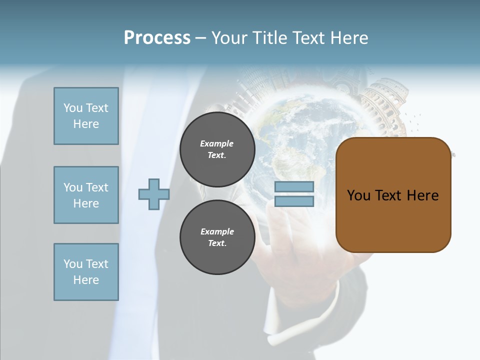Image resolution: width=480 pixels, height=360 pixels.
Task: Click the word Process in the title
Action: pos(157,38)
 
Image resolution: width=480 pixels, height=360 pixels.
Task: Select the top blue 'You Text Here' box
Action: pos(86,116)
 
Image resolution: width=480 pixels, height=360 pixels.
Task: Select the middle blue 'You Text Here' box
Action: pos(86,195)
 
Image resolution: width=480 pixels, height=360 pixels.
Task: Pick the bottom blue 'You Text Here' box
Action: pos(86,272)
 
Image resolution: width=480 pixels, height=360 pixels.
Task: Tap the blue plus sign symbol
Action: pos(154,194)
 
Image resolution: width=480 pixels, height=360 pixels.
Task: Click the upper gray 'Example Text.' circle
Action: pos(217,149)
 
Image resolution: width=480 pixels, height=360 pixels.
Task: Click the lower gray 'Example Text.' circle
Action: pos(217,237)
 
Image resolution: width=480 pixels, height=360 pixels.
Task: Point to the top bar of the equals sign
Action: pos(294,187)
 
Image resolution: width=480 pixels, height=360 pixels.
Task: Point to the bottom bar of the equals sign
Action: pos(294,201)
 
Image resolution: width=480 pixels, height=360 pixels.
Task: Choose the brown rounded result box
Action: pos(393,220)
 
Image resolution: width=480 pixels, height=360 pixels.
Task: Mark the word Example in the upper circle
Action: pos(217,143)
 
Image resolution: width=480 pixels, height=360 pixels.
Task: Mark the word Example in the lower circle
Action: pos(217,231)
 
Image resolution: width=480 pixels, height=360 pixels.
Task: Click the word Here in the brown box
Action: pos(422,195)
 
